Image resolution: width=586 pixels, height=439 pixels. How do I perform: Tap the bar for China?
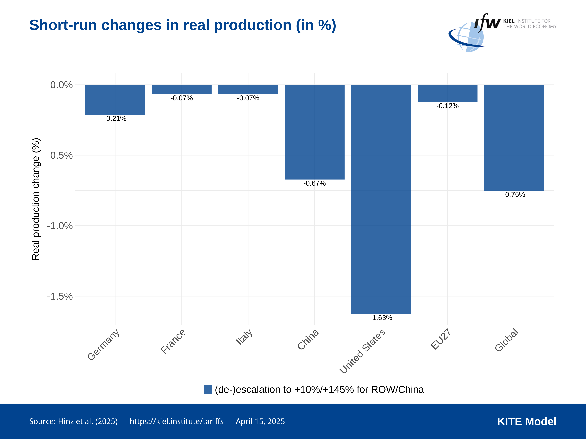click(315, 132)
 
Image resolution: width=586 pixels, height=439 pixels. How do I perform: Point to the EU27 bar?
click(447, 93)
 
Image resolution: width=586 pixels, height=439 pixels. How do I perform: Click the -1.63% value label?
click(381, 318)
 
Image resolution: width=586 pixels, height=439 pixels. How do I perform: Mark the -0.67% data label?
click(315, 183)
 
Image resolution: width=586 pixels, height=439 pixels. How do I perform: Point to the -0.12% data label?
click(447, 106)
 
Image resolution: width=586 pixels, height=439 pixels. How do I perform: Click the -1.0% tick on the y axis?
click(60, 226)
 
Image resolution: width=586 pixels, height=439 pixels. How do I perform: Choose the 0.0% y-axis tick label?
click(61, 85)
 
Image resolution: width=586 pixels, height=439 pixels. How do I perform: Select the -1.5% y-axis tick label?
click(60, 296)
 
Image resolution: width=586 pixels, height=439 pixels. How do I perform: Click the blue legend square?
click(208, 389)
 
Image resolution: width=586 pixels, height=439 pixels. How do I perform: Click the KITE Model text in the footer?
click(527, 422)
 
